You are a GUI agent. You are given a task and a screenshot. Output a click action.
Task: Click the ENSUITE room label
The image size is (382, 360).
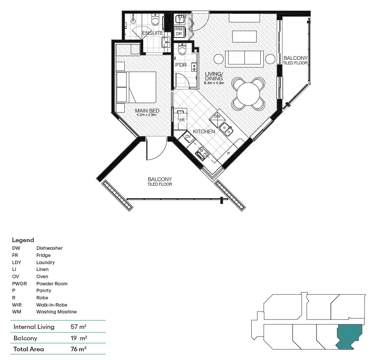point(153,33)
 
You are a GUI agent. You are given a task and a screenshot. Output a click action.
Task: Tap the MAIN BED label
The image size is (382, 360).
point(147,111)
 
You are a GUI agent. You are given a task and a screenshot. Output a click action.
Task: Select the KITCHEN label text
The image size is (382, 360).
point(204,131)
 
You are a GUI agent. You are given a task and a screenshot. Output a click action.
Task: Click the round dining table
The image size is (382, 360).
point(249,93)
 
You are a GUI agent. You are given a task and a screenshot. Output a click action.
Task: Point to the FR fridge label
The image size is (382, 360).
point(182,120)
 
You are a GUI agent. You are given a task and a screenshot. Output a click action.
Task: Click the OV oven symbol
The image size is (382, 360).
point(188,137)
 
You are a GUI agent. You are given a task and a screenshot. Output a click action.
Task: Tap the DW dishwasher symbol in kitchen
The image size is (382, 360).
point(217,117)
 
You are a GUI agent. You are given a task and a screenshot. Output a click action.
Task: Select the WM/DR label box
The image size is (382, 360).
point(179,31)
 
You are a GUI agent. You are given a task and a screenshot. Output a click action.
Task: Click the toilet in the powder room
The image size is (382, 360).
point(182,50)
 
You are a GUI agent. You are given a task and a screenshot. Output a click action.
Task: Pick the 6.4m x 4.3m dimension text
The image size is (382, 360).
point(214,83)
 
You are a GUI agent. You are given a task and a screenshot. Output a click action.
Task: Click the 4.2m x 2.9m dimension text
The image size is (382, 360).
point(147,115)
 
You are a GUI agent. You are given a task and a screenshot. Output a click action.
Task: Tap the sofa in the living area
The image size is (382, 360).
point(244,58)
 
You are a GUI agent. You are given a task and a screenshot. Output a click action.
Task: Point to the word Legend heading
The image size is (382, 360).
point(23,240)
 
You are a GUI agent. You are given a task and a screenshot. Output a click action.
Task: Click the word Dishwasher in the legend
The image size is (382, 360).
point(50,248)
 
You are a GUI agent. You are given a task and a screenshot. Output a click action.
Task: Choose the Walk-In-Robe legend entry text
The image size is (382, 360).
point(52,305)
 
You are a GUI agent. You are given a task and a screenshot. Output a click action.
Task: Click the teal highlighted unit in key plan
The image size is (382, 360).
point(349,335)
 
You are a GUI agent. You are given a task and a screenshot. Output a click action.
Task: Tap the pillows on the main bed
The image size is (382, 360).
point(122,87)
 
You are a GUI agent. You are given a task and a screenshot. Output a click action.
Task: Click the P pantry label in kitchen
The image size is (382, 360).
point(229,153)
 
